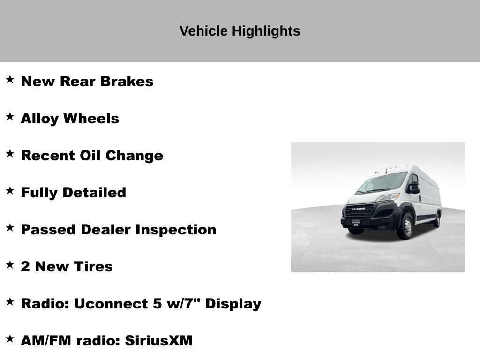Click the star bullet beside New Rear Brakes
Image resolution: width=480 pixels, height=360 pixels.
coord(10,80)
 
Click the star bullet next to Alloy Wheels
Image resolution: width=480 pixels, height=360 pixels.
coord(10,117)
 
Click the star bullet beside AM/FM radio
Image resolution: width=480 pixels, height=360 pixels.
coord(10,339)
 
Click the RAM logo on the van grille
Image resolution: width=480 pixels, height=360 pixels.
coord(358,209)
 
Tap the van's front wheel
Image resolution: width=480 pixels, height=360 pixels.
coord(405,227)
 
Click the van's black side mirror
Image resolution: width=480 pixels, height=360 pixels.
coord(414,187)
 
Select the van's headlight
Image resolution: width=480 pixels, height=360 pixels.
coord(389,197)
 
